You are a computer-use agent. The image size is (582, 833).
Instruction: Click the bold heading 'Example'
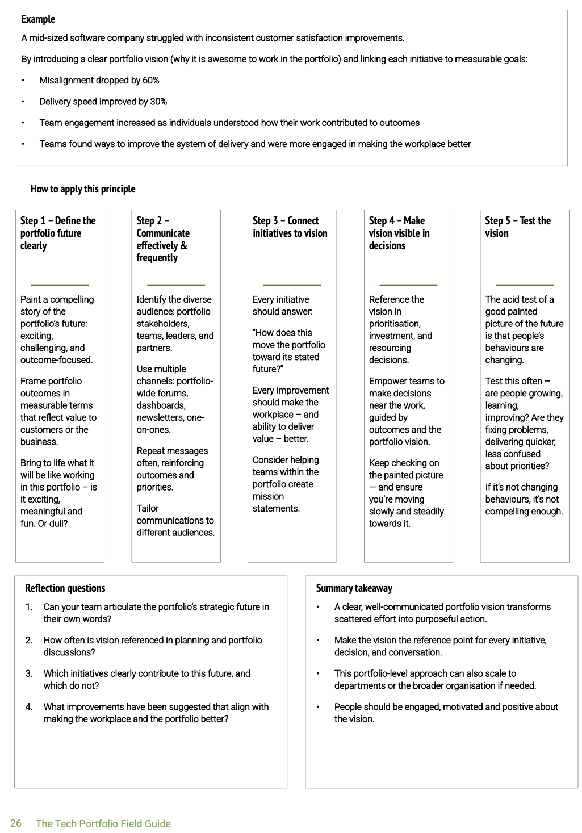pyautogui.click(x=38, y=19)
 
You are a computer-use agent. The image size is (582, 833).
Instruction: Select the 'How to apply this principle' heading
pyautogui.click(x=83, y=189)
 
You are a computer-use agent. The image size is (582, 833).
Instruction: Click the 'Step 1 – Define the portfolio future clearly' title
pyautogui.click(x=58, y=233)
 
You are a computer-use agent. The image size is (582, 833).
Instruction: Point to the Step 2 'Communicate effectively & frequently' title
pyautogui.click(x=163, y=239)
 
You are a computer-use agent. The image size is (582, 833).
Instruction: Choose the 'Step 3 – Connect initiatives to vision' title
pyautogui.click(x=290, y=227)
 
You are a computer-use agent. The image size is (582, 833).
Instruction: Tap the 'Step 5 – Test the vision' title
pyautogui.click(x=517, y=227)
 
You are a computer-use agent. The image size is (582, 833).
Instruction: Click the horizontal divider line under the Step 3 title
pyautogui.click(x=292, y=285)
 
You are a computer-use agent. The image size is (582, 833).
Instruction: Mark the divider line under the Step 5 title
pyautogui.click(x=525, y=285)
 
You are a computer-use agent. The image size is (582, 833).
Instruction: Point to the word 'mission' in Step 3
pyautogui.click(x=268, y=496)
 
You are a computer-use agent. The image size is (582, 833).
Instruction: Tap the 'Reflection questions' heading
pyautogui.click(x=65, y=588)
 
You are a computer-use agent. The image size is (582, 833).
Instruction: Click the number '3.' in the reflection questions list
pyautogui.click(x=29, y=673)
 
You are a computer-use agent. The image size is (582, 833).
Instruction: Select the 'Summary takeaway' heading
pyautogui.click(x=354, y=588)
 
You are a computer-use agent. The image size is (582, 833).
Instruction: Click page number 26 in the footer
pyautogui.click(x=16, y=823)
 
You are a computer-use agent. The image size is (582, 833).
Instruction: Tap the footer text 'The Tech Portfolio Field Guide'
pyautogui.click(x=103, y=824)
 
